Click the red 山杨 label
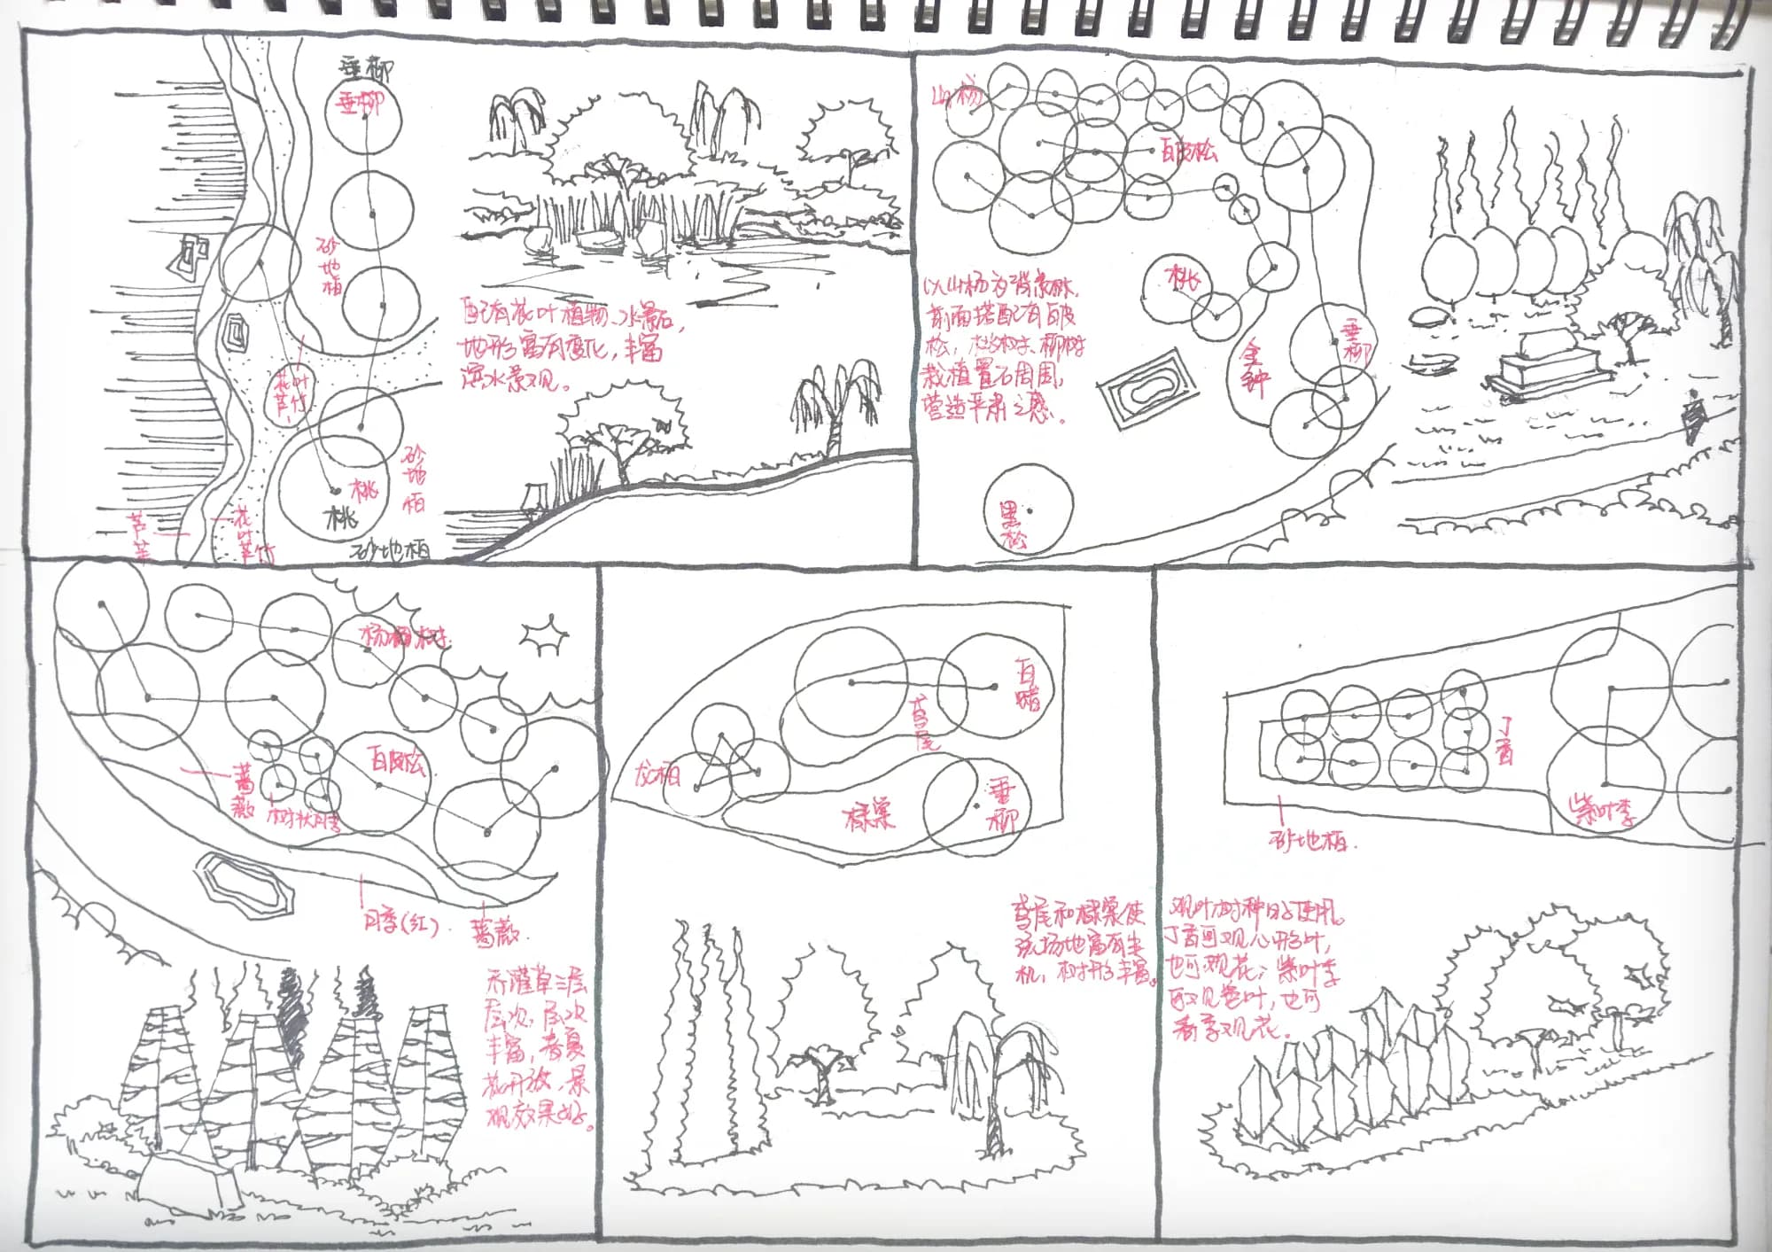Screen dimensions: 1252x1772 [958, 95]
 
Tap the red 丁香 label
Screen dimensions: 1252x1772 [1504, 739]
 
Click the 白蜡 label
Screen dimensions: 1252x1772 [1028, 683]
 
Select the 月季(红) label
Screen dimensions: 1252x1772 [401, 922]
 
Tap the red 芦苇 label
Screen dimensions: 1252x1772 [140, 534]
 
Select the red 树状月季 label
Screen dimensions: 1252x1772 [303, 817]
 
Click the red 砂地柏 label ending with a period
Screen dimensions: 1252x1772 [1312, 841]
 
